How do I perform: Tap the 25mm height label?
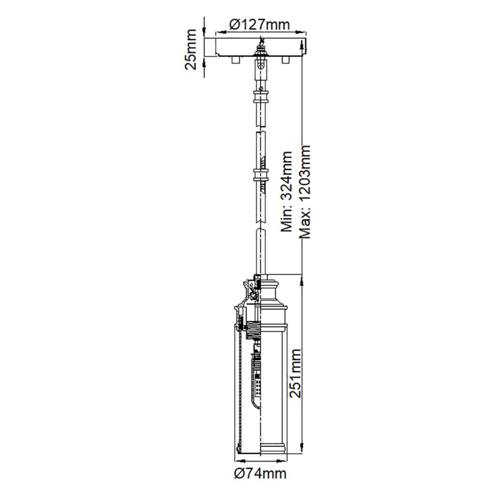192,48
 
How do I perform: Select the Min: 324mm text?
287,192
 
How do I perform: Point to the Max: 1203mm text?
305,192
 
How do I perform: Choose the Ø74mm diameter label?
260,473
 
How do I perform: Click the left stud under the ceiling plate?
234,59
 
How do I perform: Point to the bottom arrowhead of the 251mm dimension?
303,453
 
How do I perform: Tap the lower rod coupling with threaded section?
261,174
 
